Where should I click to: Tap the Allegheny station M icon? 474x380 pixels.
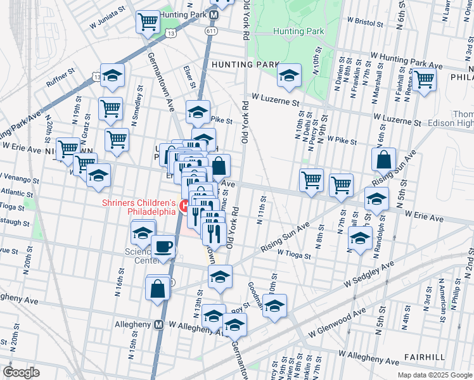[159, 324]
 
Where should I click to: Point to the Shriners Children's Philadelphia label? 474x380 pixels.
[139, 207]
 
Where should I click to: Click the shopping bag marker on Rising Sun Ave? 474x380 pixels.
[384, 160]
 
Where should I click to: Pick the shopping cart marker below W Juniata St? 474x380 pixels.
[148, 22]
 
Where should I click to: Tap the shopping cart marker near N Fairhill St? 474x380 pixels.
[424, 80]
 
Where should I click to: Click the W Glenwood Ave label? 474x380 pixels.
[337, 322]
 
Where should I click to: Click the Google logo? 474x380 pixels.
[22, 372]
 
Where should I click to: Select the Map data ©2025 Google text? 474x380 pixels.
[434, 375]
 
